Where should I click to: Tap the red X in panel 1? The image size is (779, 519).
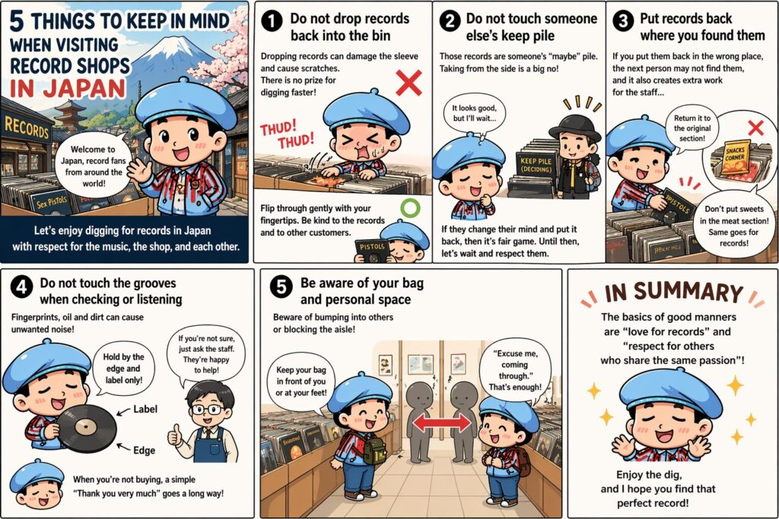pyautogui.click(x=409, y=82)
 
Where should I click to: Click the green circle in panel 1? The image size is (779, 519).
pyautogui.click(x=410, y=208)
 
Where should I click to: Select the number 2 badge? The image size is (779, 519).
pyautogui.click(x=450, y=21)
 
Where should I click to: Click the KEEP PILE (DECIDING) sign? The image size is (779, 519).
pyautogui.click(x=536, y=165)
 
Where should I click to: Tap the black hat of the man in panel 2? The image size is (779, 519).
pyautogui.click(x=575, y=127)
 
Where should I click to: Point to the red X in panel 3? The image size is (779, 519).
pyautogui.click(x=755, y=128)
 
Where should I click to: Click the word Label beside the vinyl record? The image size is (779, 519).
pyautogui.click(x=145, y=410)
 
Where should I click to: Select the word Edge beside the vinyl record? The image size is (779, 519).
pyautogui.click(x=144, y=451)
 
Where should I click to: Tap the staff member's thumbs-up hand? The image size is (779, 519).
pyautogui.click(x=175, y=435)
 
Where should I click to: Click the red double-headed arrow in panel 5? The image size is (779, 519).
pyautogui.click(x=442, y=423)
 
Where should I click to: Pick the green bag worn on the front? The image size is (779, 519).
pyautogui.click(x=375, y=450)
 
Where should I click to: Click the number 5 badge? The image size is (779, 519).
pyautogui.click(x=281, y=286)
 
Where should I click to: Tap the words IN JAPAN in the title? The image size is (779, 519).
pyautogui.click(x=68, y=88)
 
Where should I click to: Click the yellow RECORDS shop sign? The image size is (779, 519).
pyautogui.click(x=27, y=128)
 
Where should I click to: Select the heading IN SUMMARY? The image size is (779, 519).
pyautogui.click(x=674, y=293)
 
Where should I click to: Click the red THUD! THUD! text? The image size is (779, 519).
pyautogui.click(x=287, y=134)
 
